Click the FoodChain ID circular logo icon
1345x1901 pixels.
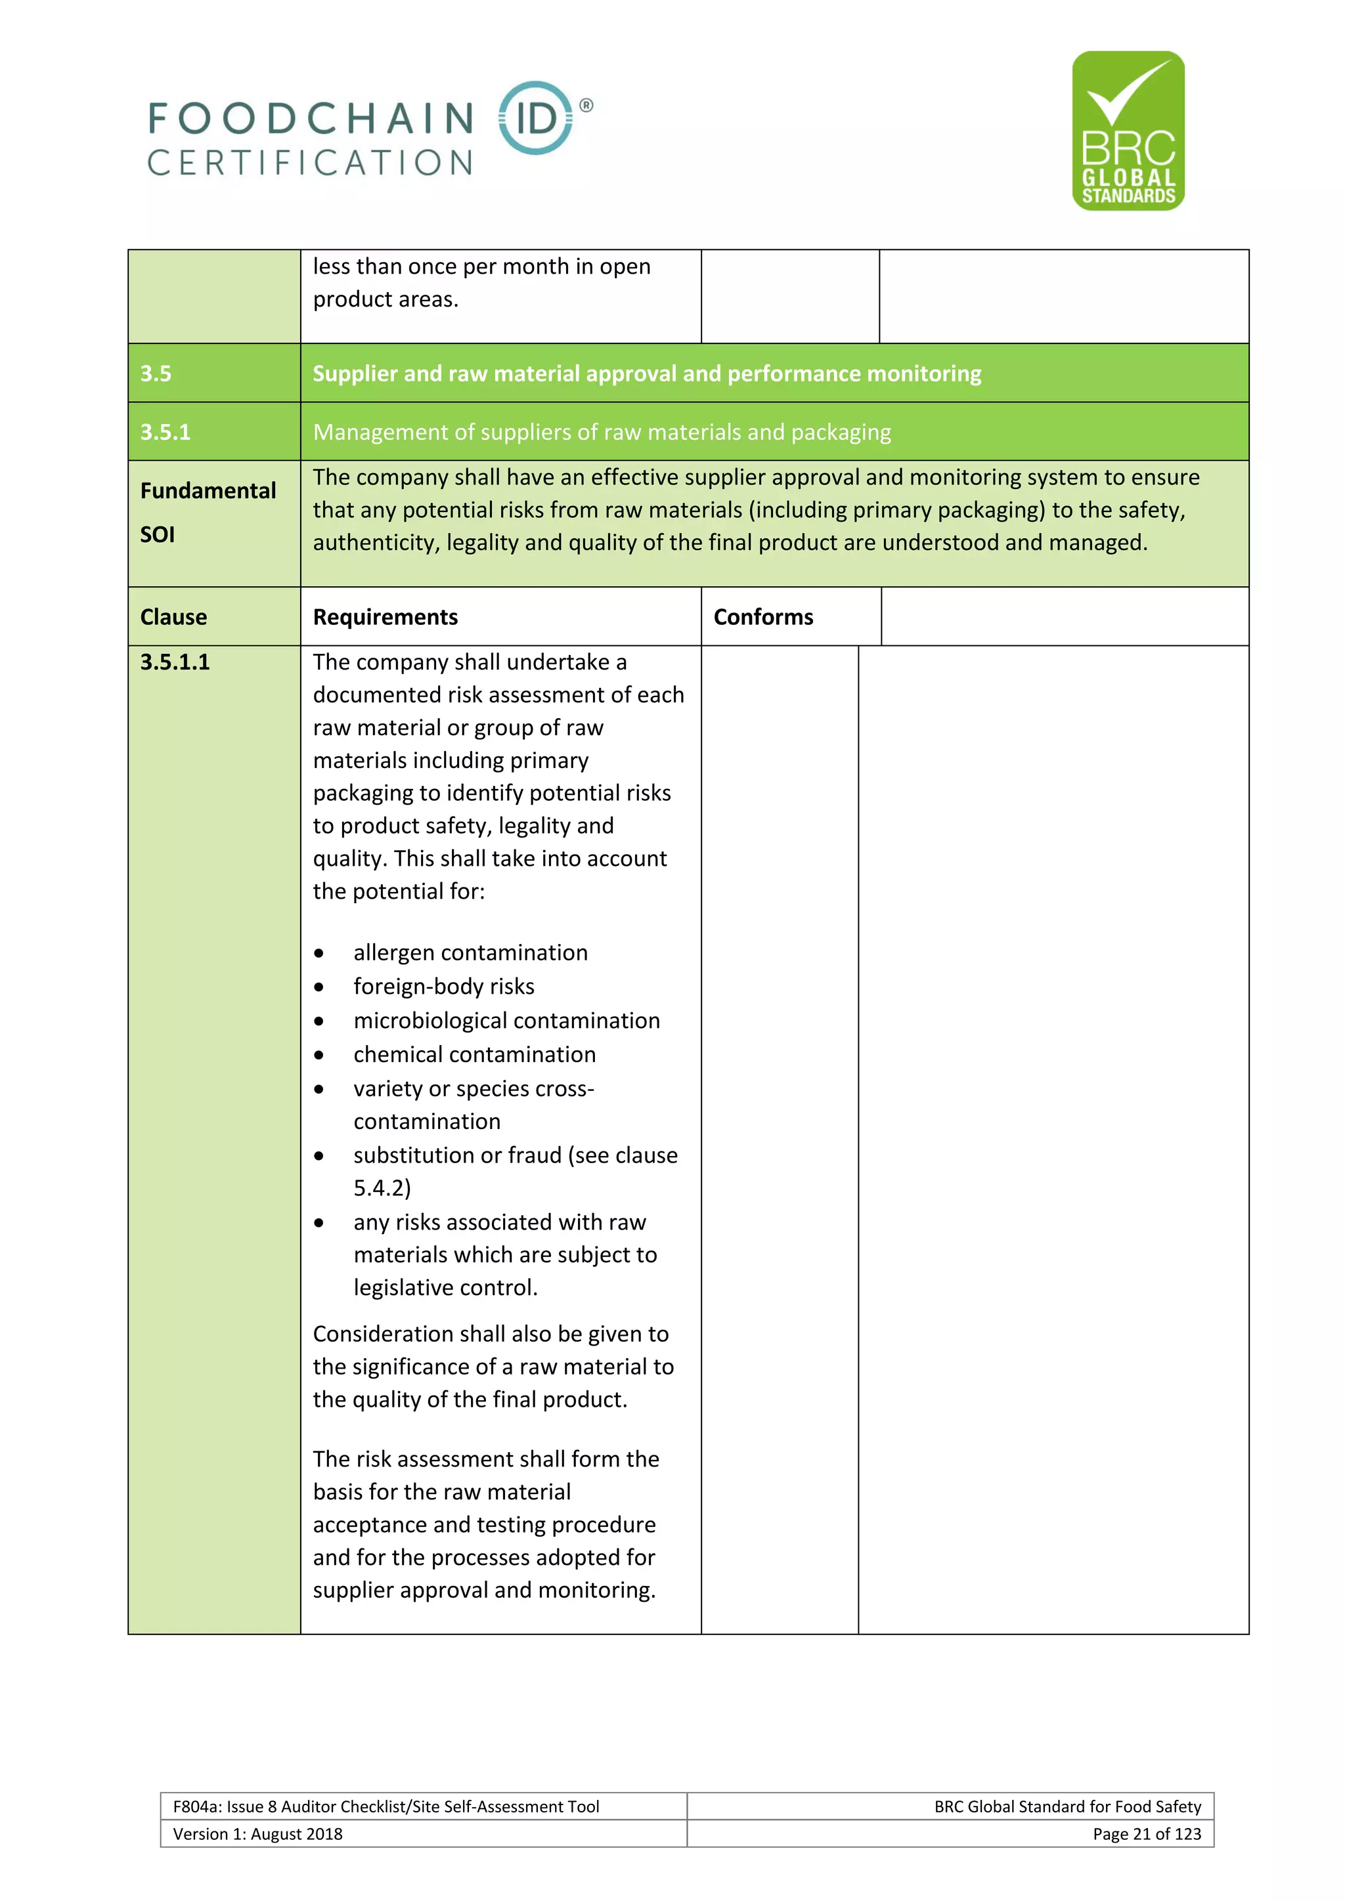click(x=536, y=118)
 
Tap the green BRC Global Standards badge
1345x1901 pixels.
click(x=1128, y=131)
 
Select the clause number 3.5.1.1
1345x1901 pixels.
click(x=175, y=662)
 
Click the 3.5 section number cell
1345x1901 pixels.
click(x=156, y=374)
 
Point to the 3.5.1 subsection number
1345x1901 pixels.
click(x=165, y=432)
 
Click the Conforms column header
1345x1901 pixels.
click(x=762, y=617)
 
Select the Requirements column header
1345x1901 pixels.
click(x=385, y=617)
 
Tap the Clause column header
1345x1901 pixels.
click(x=173, y=617)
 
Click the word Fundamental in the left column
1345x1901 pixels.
click(x=208, y=491)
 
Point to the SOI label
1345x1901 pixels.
click(x=158, y=535)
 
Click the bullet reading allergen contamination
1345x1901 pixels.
click(x=470, y=953)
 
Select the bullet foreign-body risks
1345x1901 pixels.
click(x=443, y=987)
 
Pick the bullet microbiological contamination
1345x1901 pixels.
click(x=506, y=1021)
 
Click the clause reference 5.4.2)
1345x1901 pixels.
click(x=382, y=1188)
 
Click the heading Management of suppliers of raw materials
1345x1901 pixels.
click(x=602, y=432)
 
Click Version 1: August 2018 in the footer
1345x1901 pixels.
click(x=257, y=1834)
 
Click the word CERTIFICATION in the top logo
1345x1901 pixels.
click(x=310, y=163)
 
